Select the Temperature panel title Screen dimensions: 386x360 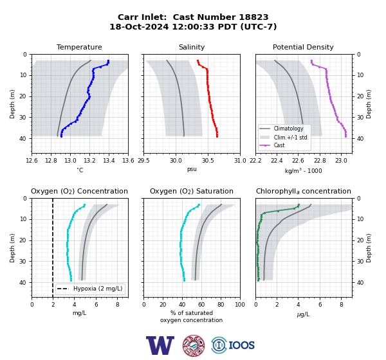[x=79, y=47]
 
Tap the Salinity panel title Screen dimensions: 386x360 [x=192, y=47]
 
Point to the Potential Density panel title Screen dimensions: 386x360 [x=303, y=47]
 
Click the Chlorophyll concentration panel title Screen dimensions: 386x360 [x=304, y=191]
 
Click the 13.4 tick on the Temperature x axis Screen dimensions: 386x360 [x=109, y=161]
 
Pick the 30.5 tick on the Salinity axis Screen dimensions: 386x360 [x=208, y=161]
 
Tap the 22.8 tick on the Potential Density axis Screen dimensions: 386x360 [x=320, y=161]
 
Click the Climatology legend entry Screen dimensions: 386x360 [x=288, y=129]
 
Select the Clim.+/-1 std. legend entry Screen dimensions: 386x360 [x=291, y=138]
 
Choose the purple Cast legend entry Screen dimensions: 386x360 [x=279, y=145]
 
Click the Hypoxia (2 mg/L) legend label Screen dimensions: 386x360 [x=98, y=289]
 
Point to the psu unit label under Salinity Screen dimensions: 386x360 [x=192, y=169]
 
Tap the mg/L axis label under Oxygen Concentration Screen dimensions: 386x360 [x=79, y=313]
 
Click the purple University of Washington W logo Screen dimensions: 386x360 [x=160, y=345]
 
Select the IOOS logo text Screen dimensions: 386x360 [x=241, y=345]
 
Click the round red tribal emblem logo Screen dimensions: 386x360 [x=194, y=345]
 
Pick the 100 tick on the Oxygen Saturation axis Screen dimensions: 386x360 [x=240, y=305]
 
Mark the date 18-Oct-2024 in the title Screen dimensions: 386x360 [x=139, y=27]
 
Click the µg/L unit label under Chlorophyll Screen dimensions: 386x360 [x=303, y=314]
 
